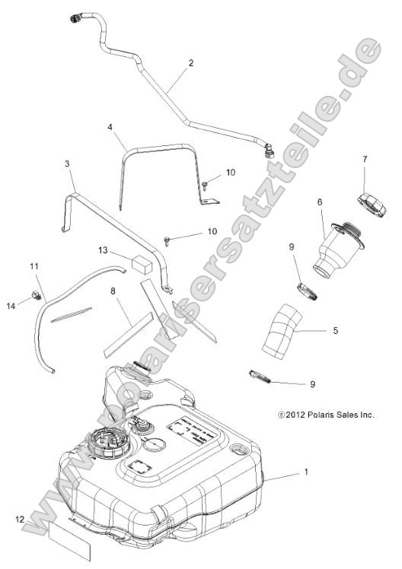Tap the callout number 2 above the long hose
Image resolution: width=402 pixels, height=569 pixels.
pyautogui.click(x=191, y=63)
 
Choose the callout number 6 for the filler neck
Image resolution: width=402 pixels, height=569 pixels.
pyautogui.click(x=320, y=202)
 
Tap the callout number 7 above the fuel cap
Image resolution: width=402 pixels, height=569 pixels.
pyautogui.click(x=365, y=160)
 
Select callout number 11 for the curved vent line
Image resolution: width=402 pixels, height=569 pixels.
pyautogui.click(x=33, y=265)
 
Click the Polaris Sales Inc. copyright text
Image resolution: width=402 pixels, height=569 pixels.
pyautogui.click(x=327, y=415)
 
